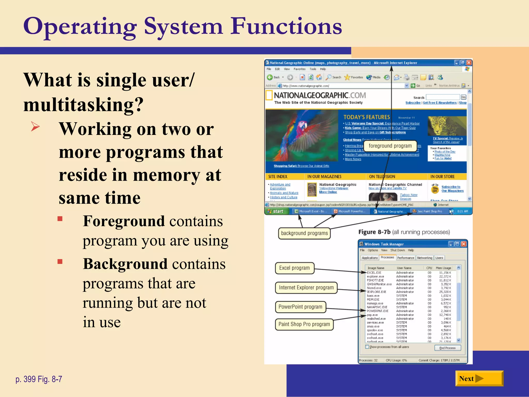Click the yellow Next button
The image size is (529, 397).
coord(479,379)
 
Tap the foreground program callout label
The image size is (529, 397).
coord(390,146)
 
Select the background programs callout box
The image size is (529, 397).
coord(304,233)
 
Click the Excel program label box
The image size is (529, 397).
coord(294,268)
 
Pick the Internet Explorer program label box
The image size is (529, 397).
coord(306,288)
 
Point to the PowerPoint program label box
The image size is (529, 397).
coord(300,307)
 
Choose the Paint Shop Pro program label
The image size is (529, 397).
coord(304,324)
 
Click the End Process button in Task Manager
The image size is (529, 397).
coord(447,348)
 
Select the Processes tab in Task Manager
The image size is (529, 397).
coord(387,257)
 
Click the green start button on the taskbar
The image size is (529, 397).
coord(276,211)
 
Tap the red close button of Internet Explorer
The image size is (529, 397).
coord(469,63)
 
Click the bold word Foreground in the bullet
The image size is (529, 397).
coord(124,221)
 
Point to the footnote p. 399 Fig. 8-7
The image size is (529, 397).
coord(39,379)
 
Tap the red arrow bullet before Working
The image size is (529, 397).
coord(35,127)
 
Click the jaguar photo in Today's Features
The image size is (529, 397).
coord(447,126)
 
